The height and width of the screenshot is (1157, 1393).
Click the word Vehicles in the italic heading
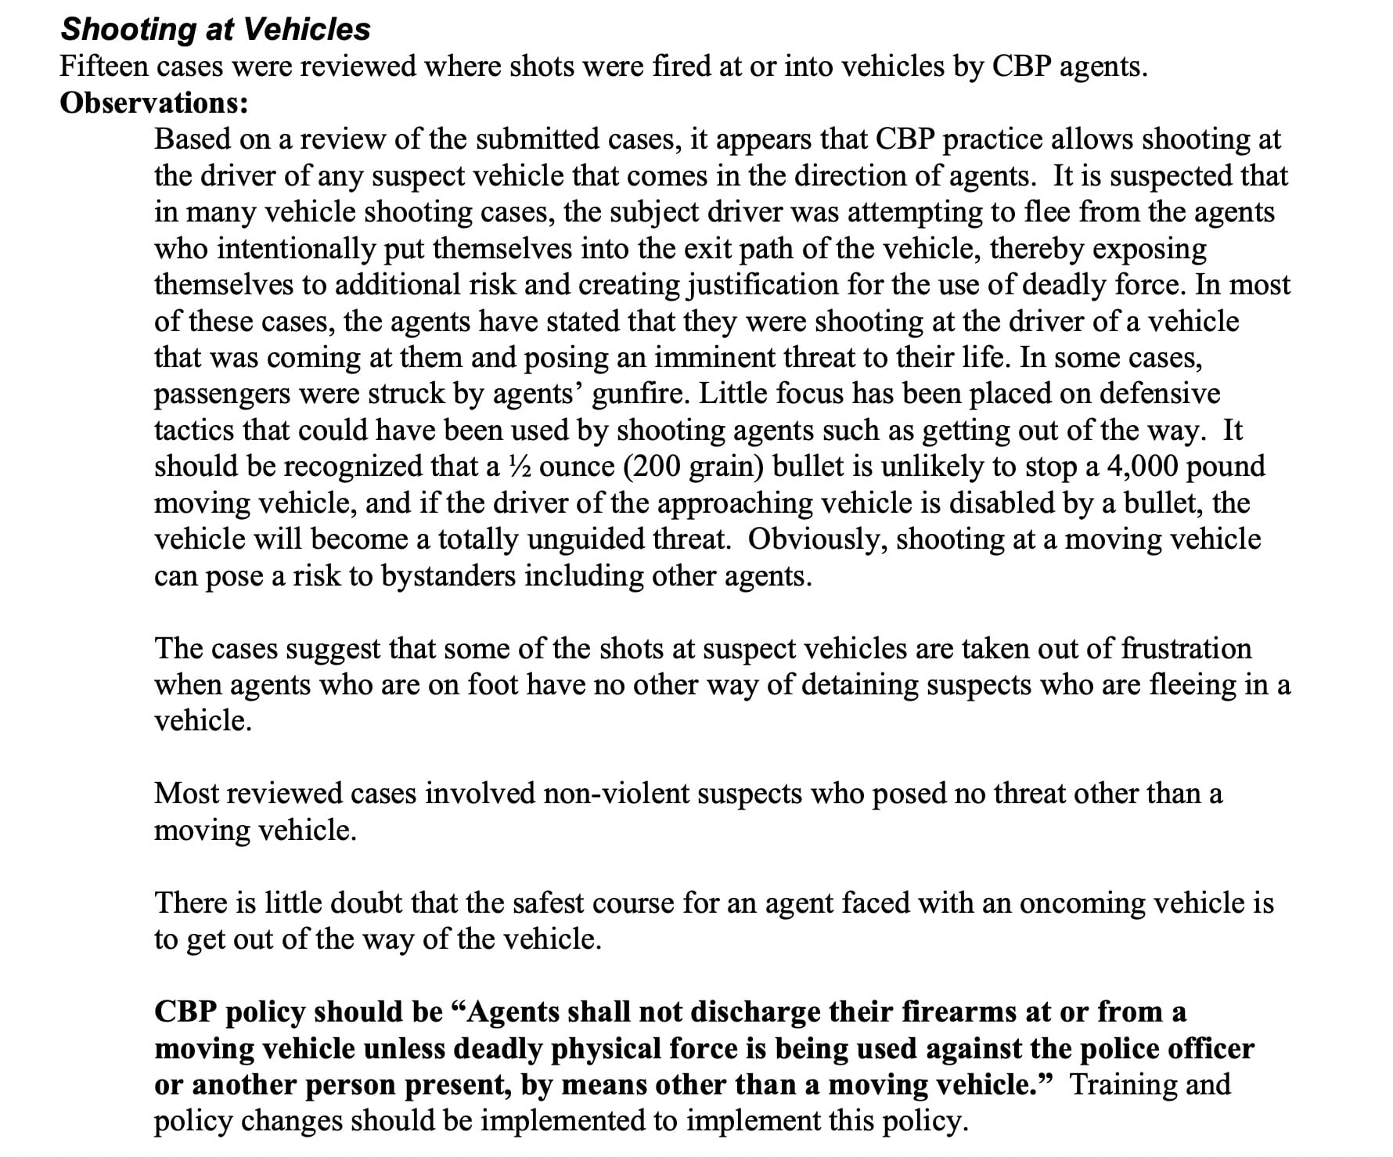coord(307,30)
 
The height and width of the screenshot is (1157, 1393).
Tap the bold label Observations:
coord(154,103)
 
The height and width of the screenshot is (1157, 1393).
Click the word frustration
coord(1186,649)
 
